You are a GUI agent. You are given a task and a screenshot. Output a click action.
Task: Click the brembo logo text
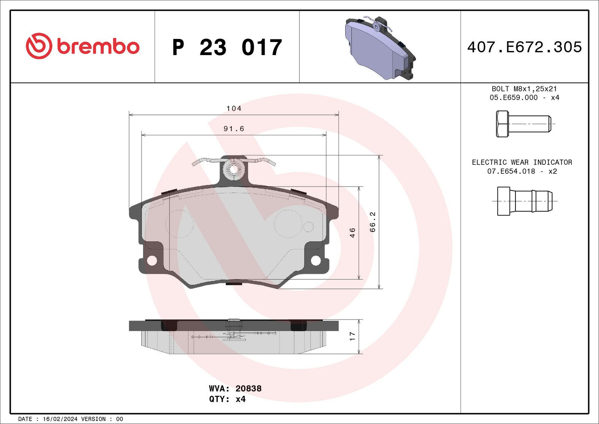tap(98, 47)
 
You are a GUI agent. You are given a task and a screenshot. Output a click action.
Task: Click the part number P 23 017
tap(227, 48)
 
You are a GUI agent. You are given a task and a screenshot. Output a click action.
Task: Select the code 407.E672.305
tap(524, 47)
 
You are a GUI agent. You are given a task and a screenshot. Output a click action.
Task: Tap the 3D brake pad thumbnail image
tap(380, 48)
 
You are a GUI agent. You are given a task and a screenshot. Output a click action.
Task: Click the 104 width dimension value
tap(234, 109)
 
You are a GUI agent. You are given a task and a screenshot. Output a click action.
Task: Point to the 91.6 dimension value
tap(234, 129)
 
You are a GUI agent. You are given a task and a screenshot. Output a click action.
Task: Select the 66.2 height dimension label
tap(373, 222)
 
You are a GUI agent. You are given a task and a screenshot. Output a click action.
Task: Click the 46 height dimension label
tap(352, 233)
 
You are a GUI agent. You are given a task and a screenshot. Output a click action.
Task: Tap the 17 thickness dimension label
tap(352, 336)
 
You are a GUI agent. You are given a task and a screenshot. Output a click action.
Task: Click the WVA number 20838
tap(248, 388)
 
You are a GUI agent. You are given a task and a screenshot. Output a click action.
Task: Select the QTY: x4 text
tap(227, 399)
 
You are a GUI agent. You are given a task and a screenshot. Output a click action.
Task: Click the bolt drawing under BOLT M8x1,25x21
tap(523, 124)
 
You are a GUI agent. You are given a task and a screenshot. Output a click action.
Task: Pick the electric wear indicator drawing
tap(524, 201)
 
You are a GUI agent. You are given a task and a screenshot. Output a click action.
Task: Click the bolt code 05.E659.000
tap(513, 97)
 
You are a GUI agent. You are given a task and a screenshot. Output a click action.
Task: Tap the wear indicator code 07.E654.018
tap(511, 171)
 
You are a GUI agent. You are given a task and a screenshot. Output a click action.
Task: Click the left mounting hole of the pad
tap(152, 260)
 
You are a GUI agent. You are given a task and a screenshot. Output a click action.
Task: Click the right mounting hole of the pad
tap(316, 260)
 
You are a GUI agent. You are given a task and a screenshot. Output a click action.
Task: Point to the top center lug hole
tap(234, 169)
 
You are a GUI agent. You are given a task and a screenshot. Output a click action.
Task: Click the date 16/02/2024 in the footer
tap(60, 419)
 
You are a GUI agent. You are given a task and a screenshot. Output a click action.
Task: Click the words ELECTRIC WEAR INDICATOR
tap(522, 162)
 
